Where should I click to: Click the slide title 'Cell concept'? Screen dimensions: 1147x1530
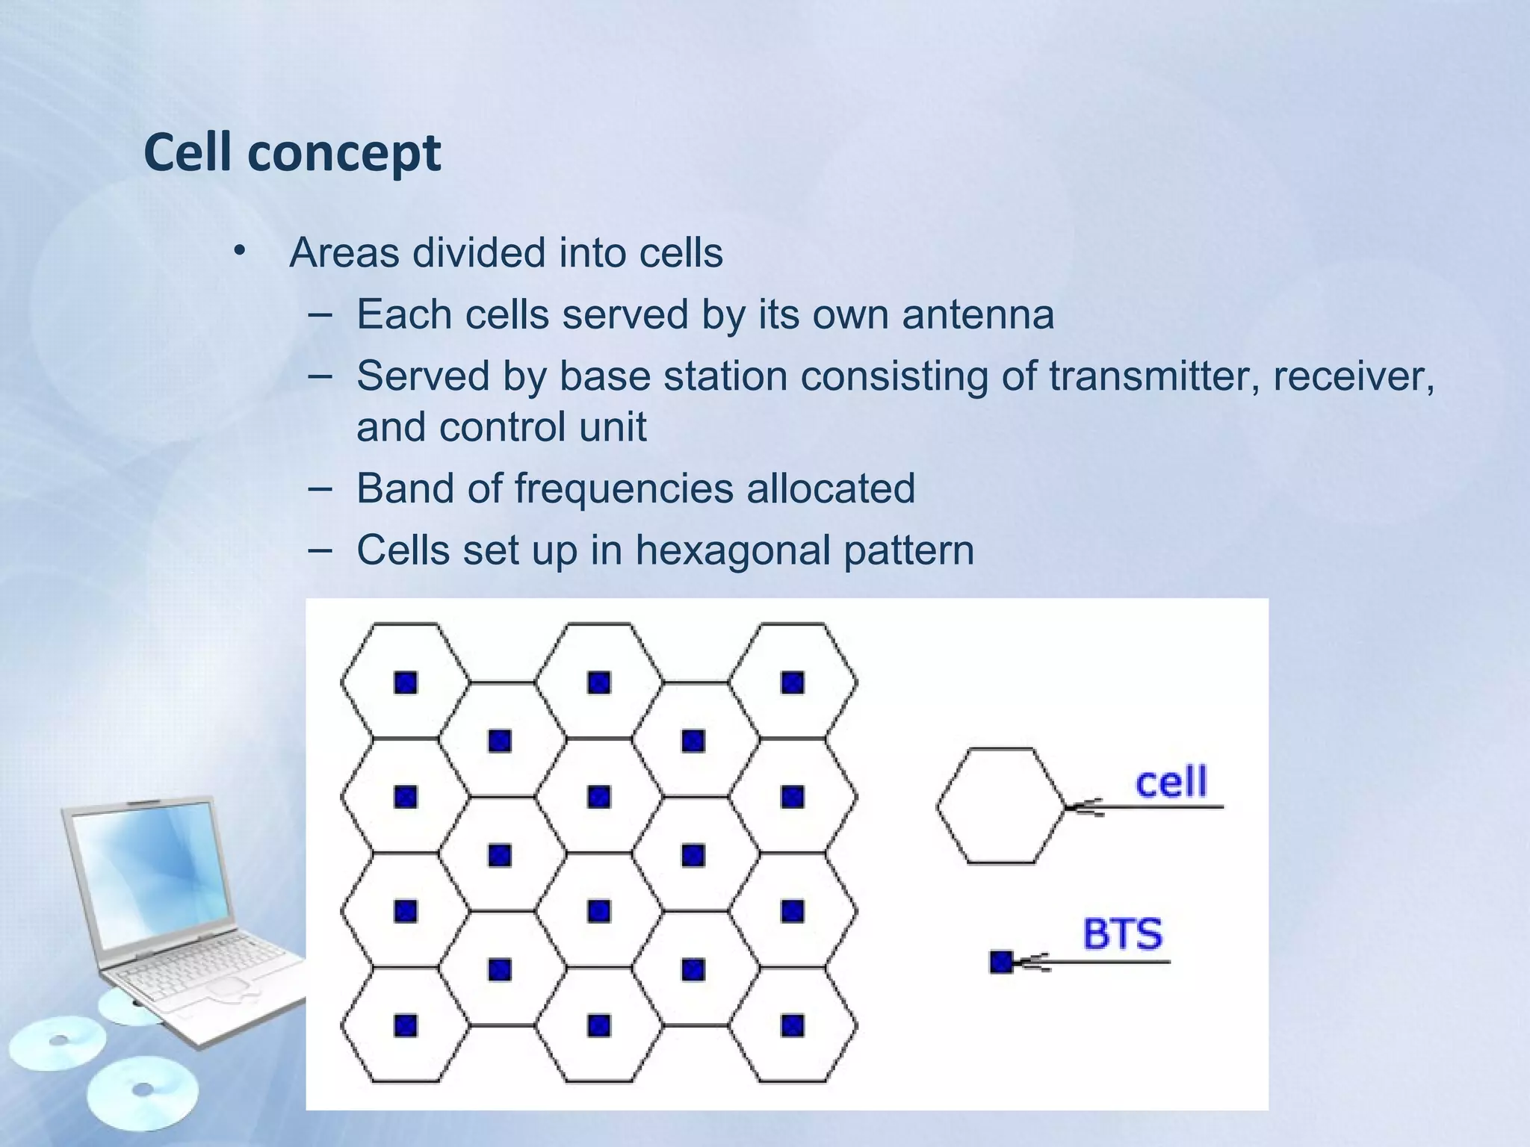pos(292,152)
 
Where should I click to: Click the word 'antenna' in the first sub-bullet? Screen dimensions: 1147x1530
pos(978,314)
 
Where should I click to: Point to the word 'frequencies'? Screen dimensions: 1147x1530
pos(624,488)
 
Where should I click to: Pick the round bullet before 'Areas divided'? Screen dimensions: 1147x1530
pos(238,251)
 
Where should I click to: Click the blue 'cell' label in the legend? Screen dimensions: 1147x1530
pos(1171,783)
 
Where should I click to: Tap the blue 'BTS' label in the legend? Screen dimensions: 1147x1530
pos(1123,934)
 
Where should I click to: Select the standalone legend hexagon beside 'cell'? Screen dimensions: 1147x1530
pos(1000,806)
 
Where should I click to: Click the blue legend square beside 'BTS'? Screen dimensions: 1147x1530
pos(1000,963)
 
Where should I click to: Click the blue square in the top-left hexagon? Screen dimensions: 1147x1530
pos(406,683)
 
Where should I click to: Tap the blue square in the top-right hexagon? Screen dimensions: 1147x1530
pos(793,683)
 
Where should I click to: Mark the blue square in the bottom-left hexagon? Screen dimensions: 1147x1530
pos(406,1025)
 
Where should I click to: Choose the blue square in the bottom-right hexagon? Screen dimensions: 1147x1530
pos(793,1025)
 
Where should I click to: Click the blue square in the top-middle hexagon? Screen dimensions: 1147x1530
pos(599,683)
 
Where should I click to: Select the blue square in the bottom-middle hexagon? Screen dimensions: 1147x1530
pos(599,1025)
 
